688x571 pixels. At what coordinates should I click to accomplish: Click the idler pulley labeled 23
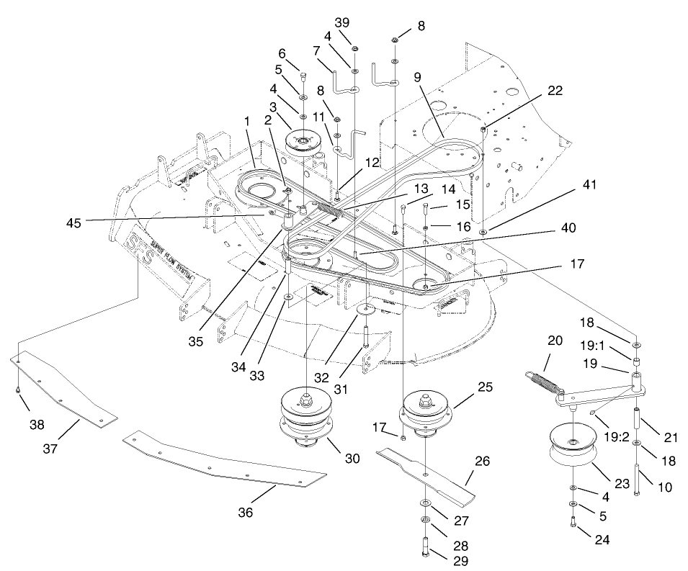click(x=573, y=448)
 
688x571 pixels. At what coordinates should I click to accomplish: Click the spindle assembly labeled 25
click(x=426, y=413)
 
